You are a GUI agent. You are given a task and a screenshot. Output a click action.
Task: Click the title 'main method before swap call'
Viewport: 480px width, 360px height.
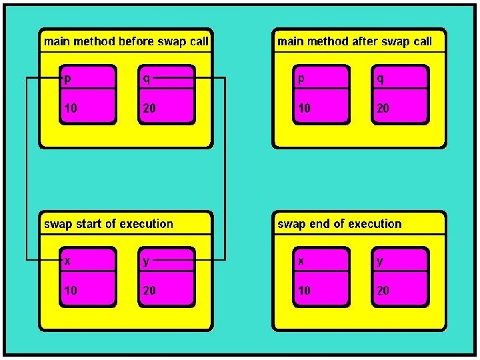126,41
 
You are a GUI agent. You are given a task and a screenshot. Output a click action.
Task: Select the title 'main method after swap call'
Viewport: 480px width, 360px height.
355,41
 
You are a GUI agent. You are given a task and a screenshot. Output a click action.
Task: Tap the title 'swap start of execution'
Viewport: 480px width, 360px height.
109,224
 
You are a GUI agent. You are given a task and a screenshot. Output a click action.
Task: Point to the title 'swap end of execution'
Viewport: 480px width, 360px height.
339,224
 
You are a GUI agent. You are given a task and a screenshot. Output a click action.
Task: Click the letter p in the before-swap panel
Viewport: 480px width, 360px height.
67,79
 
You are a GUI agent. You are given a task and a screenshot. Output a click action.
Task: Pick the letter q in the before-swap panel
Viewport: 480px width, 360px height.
146,79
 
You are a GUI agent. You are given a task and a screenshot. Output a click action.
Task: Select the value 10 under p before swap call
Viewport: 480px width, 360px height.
71,108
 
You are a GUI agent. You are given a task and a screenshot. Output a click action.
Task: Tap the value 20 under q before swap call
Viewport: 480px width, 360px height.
149,108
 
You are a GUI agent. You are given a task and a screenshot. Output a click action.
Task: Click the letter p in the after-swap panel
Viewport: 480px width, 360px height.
301,79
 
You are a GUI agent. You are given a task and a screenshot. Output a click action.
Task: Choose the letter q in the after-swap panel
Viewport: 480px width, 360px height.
380,79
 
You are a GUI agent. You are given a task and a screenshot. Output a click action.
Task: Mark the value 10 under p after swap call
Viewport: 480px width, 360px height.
304,108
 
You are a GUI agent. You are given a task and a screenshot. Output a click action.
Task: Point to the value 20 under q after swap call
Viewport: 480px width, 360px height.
383,108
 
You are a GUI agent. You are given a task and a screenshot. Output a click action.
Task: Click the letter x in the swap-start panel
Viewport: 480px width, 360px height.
67,261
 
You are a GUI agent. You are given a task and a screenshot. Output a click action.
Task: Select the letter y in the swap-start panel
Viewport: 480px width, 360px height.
146,261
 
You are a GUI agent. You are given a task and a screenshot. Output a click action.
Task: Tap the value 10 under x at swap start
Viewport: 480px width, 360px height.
71,291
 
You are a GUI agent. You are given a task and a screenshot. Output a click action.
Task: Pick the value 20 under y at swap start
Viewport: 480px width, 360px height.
149,291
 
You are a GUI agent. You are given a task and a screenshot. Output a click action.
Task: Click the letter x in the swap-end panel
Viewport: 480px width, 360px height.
301,261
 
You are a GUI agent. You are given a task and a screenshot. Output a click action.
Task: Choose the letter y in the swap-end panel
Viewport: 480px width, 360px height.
380,261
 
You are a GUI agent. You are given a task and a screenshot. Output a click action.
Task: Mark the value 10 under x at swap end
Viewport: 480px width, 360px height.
304,291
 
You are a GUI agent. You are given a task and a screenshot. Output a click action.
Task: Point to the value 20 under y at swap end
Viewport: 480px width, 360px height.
383,291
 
